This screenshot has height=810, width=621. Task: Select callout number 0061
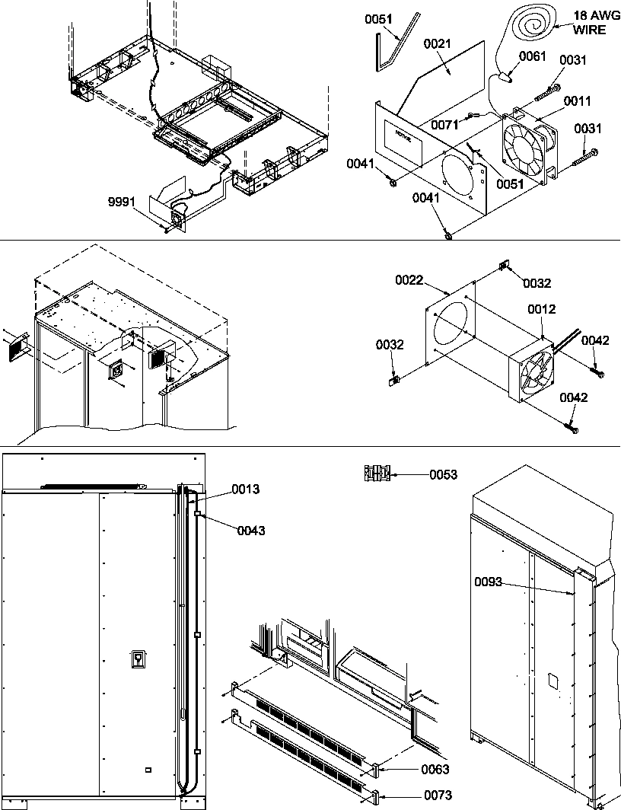coord(532,56)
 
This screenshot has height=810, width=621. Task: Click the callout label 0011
coord(577,100)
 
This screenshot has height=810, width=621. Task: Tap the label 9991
coord(122,202)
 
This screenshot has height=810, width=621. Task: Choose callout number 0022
coord(409,281)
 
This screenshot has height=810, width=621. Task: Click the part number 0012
coord(541,309)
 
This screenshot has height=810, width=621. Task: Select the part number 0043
coord(250,531)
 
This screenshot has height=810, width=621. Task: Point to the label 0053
coord(443,475)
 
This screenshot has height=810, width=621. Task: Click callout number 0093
coord(489,582)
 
